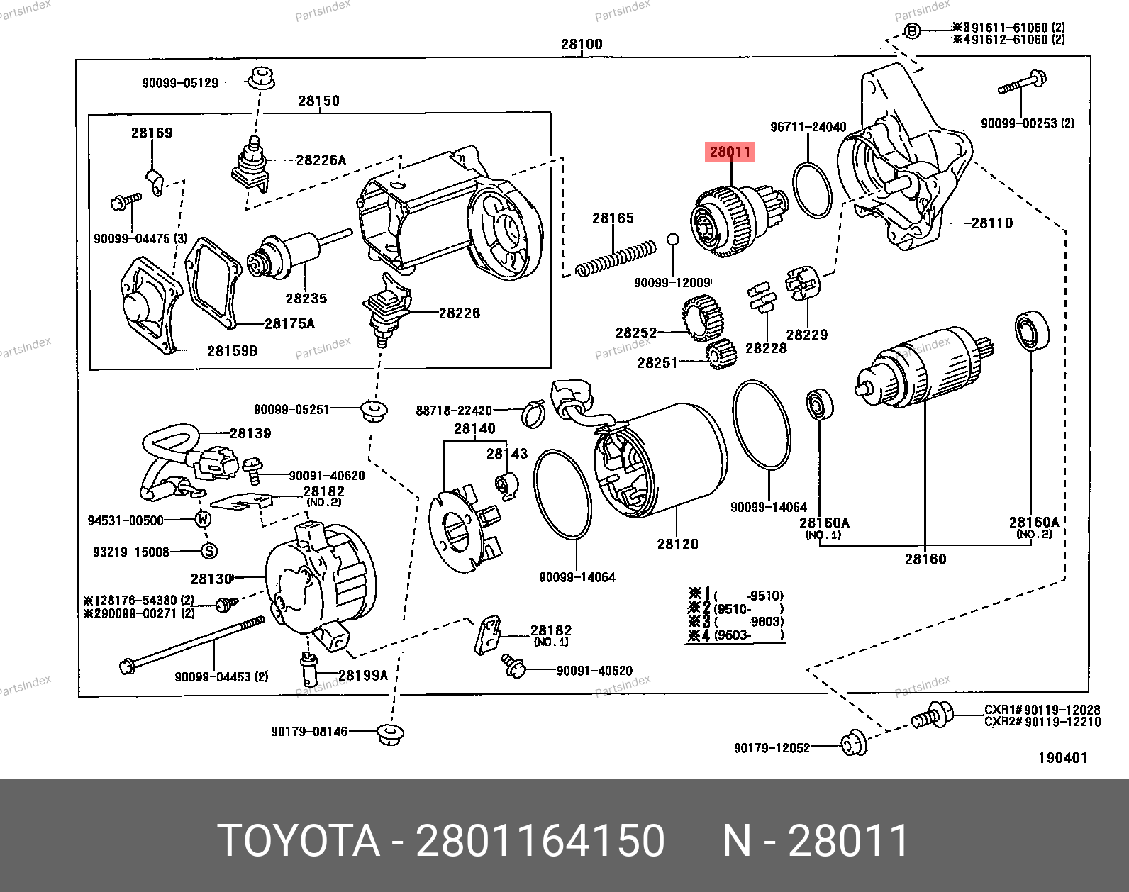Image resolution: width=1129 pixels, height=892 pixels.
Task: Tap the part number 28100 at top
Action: pyautogui.click(x=582, y=44)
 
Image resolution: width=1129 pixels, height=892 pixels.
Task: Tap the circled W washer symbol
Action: pyautogui.click(x=204, y=520)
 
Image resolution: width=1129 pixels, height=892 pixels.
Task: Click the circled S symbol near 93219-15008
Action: pyautogui.click(x=208, y=551)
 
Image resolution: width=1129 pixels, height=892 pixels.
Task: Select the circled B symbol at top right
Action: pyautogui.click(x=913, y=30)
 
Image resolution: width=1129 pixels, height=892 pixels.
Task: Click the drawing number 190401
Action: pyautogui.click(x=1062, y=758)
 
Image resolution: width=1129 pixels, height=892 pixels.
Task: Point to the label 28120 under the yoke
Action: pyautogui.click(x=677, y=544)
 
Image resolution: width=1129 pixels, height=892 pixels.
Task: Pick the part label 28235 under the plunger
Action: pyautogui.click(x=306, y=299)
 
